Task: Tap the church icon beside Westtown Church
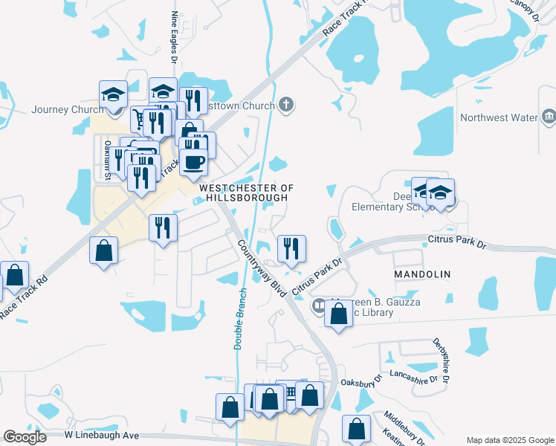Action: pyautogui.click(x=287, y=106)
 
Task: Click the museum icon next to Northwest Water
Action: pyautogui.click(x=549, y=117)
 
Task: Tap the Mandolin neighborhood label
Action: pyautogui.click(x=421, y=274)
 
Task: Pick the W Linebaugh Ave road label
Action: pyautogui.click(x=103, y=435)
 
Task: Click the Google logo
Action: pyautogui.click(x=25, y=437)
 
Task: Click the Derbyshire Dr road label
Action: pyautogui.click(x=441, y=361)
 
